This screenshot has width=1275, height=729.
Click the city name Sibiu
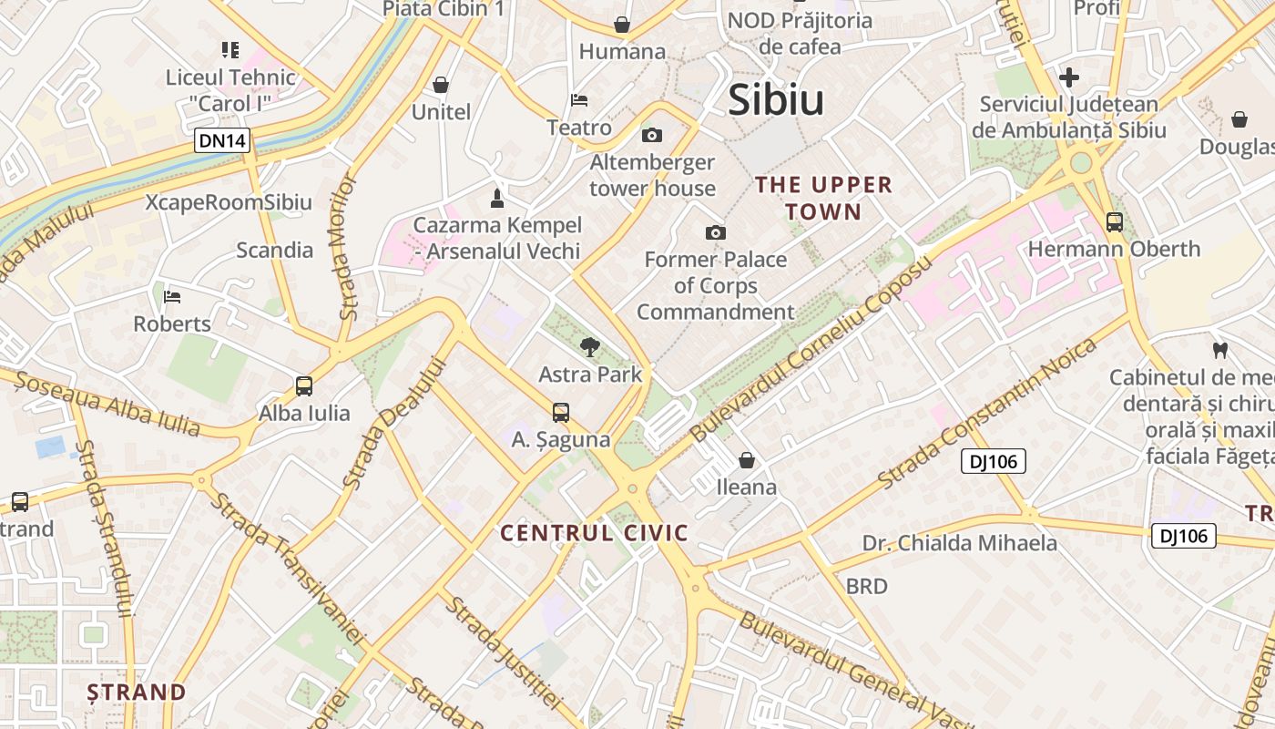click(776, 99)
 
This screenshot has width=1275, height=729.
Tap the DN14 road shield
click(222, 140)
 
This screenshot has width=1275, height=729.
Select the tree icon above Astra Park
click(590, 346)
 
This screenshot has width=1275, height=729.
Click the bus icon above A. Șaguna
click(561, 412)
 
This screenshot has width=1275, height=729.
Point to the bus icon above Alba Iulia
click(304, 385)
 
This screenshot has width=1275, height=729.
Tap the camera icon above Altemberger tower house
click(652, 136)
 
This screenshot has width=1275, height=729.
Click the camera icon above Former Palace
click(716, 232)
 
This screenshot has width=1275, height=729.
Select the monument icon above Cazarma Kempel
click(496, 198)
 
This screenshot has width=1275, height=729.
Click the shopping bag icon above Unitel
click(441, 85)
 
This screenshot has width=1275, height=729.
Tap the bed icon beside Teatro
click(579, 100)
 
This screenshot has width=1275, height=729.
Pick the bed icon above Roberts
click(172, 297)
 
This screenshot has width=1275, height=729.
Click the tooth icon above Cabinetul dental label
click(1220, 349)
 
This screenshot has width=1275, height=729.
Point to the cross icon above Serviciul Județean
click(1069, 77)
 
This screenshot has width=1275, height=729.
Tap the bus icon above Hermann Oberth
click(1114, 221)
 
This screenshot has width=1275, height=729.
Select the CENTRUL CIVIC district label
click(595, 533)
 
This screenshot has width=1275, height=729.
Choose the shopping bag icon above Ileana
click(747, 460)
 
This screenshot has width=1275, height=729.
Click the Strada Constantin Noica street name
click(987, 413)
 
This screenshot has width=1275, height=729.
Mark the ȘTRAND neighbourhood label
click(137, 692)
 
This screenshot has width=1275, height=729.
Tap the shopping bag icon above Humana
click(622, 24)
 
